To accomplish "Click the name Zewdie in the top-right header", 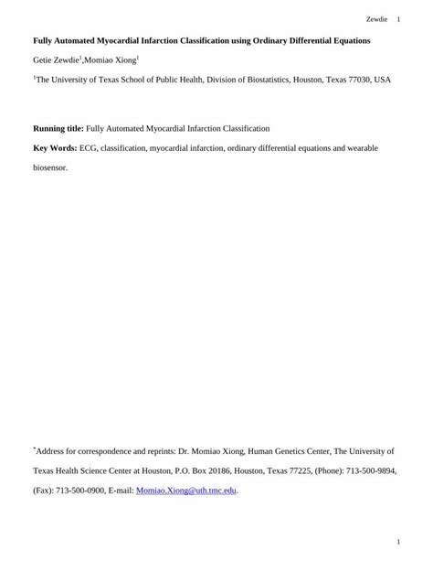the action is click(375, 18).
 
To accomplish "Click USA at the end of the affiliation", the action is click(383, 81).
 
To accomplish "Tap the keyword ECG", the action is click(89, 147).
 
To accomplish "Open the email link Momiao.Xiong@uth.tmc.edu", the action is click(186, 491).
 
